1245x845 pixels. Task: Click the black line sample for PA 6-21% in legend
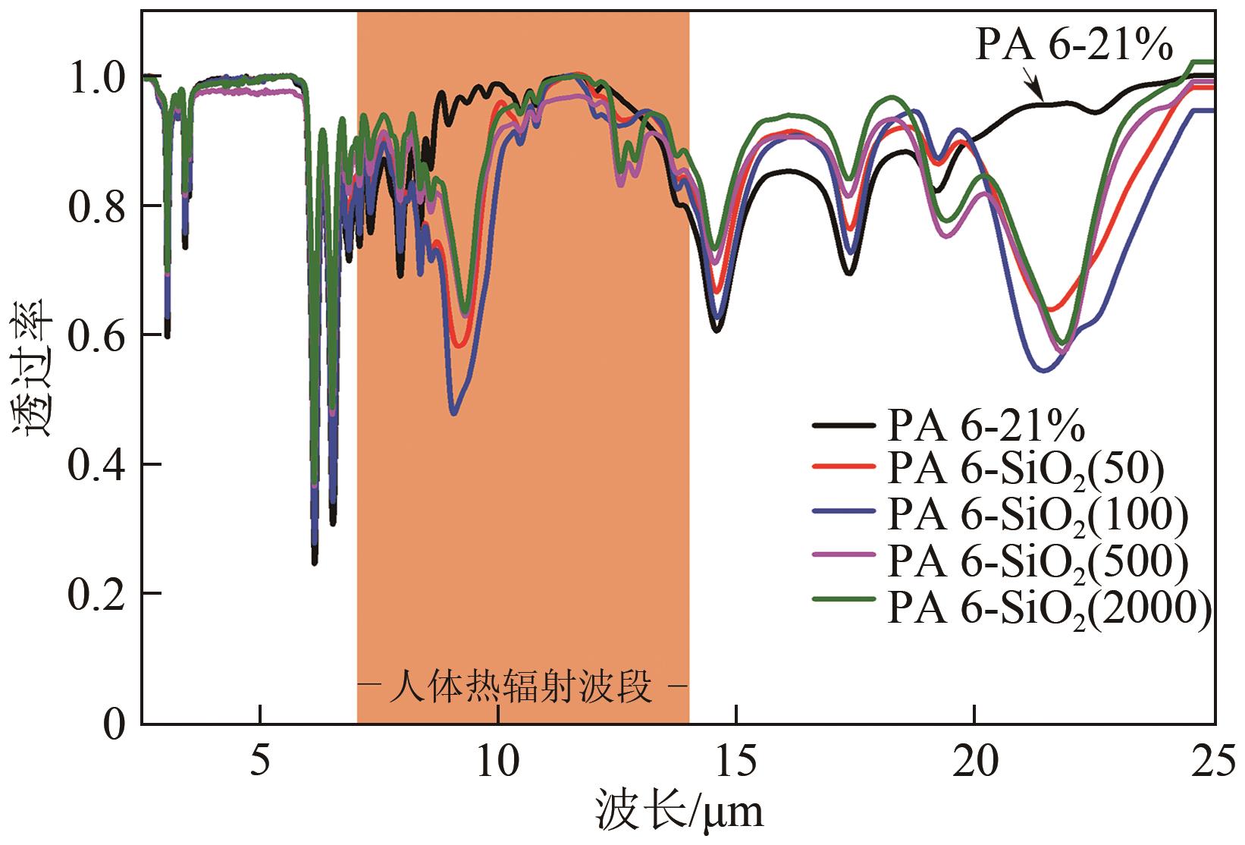[x=841, y=426]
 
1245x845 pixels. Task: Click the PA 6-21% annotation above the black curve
[x=1074, y=46]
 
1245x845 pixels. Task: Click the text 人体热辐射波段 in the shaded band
[x=522, y=689]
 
